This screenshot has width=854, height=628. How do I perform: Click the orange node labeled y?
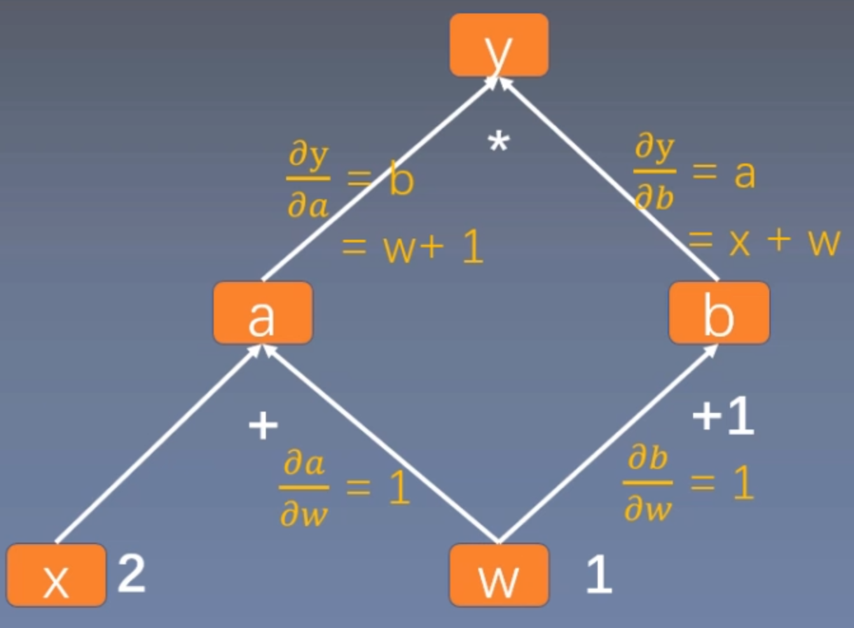[x=499, y=45]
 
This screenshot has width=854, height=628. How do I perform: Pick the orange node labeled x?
[x=56, y=575]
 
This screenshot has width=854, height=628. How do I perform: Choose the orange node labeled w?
[x=499, y=575]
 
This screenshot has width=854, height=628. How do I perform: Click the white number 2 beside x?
[x=132, y=573]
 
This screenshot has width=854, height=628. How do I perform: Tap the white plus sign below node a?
[x=263, y=425]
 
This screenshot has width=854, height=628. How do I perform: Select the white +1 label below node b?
[x=723, y=417]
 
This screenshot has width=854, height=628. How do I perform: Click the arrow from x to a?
[x=159, y=444]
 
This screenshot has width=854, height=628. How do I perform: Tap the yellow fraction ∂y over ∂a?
[x=308, y=180]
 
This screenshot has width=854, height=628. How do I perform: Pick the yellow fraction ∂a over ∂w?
[x=304, y=488]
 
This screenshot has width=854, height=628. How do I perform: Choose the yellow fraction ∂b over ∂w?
[x=648, y=483]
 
